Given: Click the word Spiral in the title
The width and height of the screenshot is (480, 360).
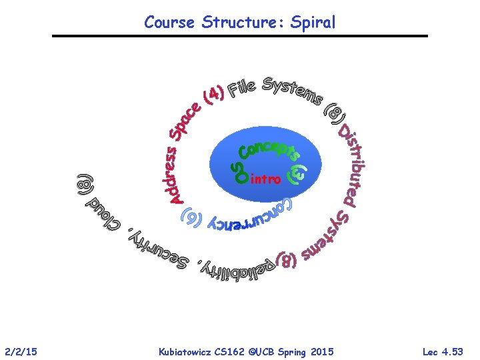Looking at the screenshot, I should point(313,23).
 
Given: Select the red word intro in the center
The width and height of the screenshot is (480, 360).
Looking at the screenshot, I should point(265,179).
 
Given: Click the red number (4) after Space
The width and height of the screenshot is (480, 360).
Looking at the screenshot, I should point(213,96).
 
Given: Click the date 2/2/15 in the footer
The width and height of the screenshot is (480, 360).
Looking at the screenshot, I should point(21,351).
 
